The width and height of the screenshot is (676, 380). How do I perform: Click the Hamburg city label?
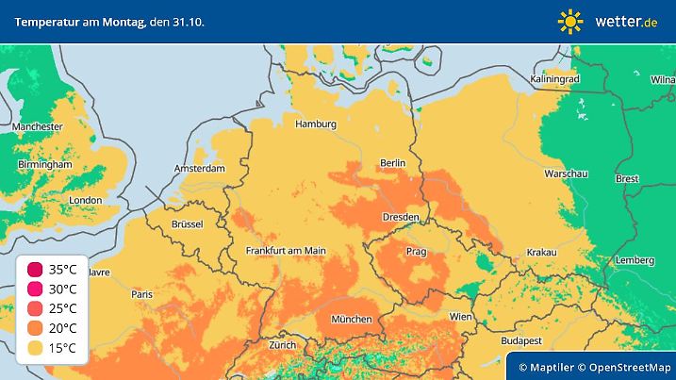click(316, 124)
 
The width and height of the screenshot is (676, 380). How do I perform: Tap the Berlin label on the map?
click(391, 163)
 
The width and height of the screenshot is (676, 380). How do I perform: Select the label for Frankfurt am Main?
click(285, 251)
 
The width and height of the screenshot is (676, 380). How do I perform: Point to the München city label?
click(351, 319)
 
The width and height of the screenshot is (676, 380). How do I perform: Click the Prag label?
click(416, 253)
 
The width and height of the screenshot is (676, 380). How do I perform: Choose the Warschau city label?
click(566, 174)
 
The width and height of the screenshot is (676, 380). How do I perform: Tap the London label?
click(86, 200)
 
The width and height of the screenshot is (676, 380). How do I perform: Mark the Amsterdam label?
click(199, 169)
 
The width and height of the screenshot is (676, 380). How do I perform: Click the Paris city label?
click(142, 294)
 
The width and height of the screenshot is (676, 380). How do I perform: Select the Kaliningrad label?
click(553, 80)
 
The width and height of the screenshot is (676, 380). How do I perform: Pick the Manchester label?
click(38, 126)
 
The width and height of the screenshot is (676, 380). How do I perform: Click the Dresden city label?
click(401, 218)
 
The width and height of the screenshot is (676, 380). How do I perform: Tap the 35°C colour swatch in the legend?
click(35, 270)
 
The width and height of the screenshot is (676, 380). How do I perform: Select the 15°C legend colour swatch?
click(35, 349)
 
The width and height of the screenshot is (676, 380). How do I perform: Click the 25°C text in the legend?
click(62, 309)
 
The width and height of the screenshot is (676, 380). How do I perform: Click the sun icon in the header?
click(570, 20)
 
